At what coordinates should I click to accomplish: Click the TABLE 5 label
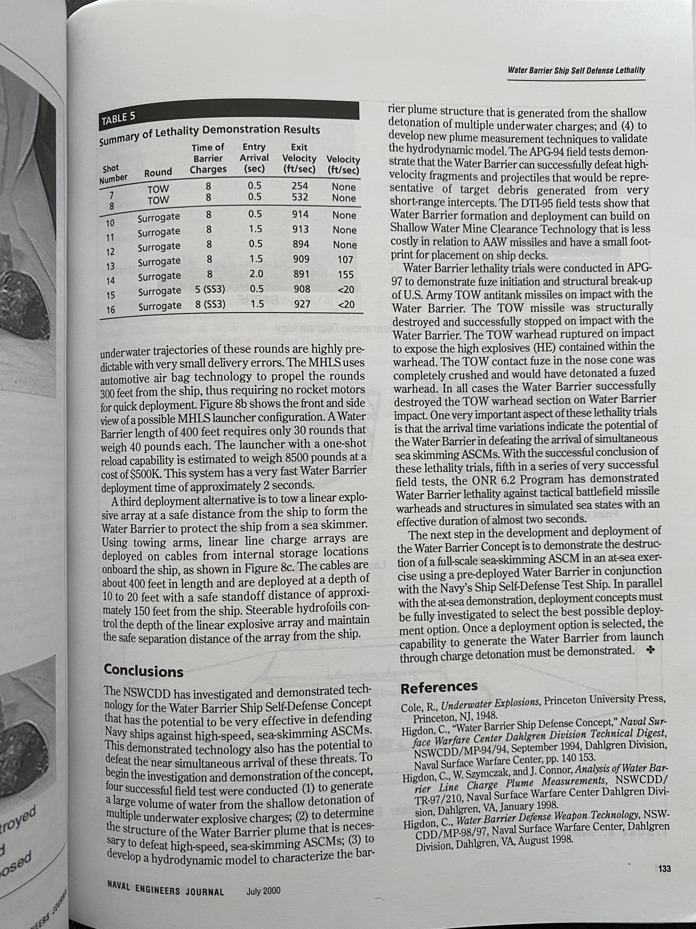pos(118,119)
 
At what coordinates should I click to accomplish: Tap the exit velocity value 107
pos(345,259)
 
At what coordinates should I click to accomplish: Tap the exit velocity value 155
pos(346,275)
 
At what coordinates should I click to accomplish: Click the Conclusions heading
pos(143,671)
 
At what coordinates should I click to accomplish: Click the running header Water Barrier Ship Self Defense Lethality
pos(576,70)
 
